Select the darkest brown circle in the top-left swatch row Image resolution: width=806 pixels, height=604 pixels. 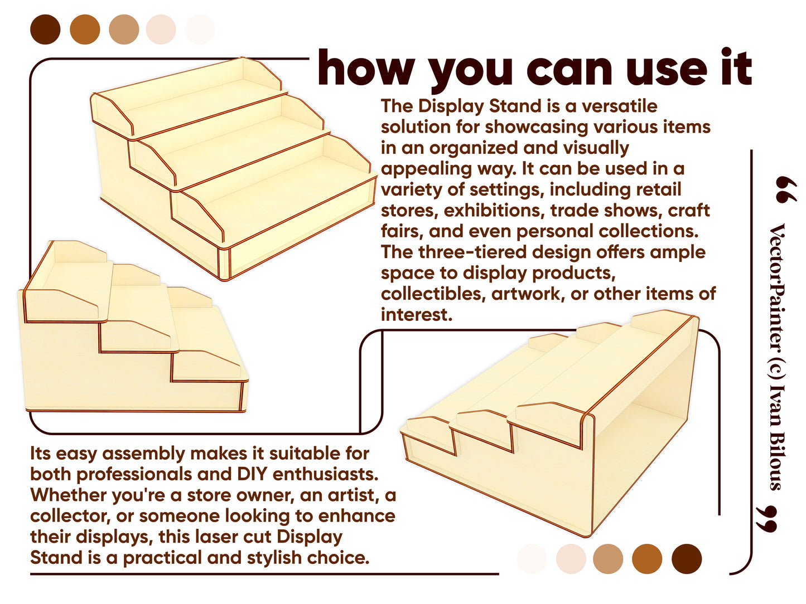click(45, 30)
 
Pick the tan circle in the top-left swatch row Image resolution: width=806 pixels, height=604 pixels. click(124, 30)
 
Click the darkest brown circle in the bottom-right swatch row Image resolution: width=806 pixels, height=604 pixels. click(687, 559)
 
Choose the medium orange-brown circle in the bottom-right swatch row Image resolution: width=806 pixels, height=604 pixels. click(647, 559)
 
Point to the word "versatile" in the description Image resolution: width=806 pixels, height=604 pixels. click(620, 106)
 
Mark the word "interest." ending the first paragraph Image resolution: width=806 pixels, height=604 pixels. click(417, 315)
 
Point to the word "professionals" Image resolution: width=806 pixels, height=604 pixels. click(134, 475)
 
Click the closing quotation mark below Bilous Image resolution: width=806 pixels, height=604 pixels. click(766, 519)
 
